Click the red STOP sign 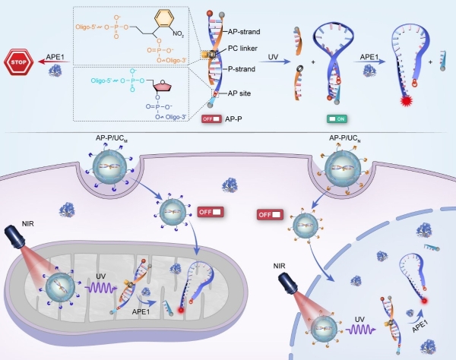(x=22, y=60)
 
